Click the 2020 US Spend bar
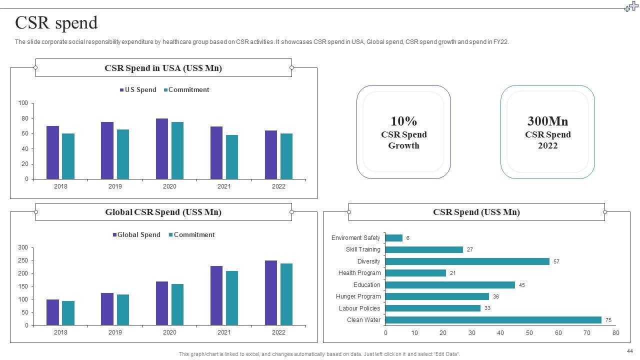(x=161, y=148)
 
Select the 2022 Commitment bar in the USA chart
(x=286, y=156)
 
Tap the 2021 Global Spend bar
(x=216, y=295)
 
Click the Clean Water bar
(x=493, y=320)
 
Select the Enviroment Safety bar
(x=394, y=238)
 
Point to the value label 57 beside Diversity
(x=556, y=261)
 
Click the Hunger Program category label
(x=358, y=296)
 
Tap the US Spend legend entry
(x=138, y=90)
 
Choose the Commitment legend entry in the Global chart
(x=192, y=235)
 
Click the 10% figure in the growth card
(x=403, y=121)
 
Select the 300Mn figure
(x=547, y=121)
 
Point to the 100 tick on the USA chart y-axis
(x=23, y=103)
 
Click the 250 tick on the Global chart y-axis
(x=22, y=260)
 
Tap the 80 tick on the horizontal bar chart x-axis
(x=615, y=333)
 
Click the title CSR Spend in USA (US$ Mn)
(x=163, y=68)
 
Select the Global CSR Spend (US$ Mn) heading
(x=163, y=212)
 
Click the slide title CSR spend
(x=56, y=23)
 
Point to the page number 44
(x=629, y=351)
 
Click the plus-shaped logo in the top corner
(x=631, y=6)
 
